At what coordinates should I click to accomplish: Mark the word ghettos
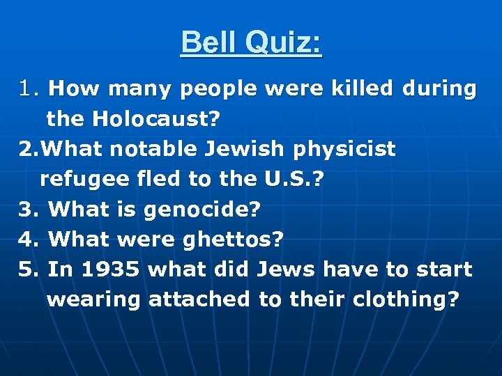[x=233, y=240]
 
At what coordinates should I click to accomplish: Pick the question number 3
[x=26, y=210]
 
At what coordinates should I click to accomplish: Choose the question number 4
[x=26, y=240]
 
